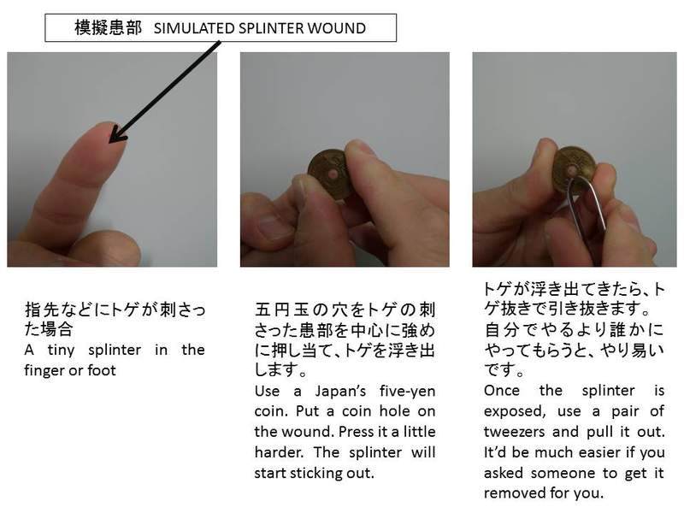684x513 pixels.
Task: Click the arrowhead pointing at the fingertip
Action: coord(117,135)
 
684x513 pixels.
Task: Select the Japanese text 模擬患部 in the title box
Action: coord(109,28)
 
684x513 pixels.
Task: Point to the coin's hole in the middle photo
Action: coord(333,175)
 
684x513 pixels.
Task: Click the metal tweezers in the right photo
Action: coord(587,214)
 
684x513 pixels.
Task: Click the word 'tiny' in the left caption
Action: coord(61,350)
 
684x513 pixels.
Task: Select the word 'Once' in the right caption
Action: coord(502,391)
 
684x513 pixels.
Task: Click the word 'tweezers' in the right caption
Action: coord(515,432)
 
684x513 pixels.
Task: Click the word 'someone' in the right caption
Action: coord(567,473)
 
